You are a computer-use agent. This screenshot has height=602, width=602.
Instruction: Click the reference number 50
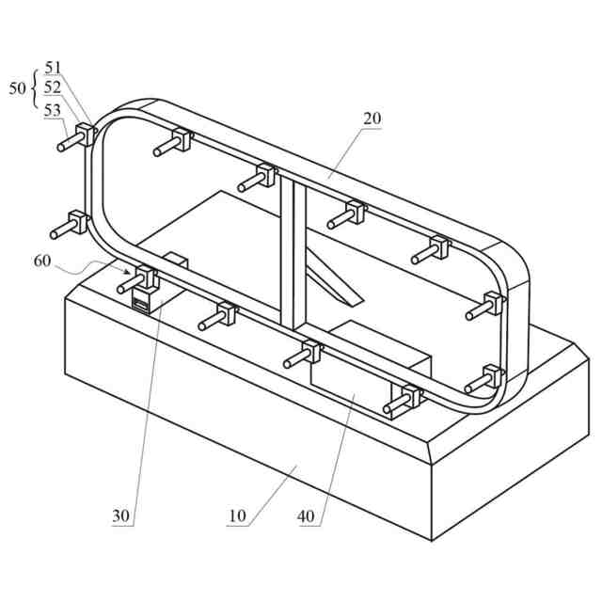[18, 87]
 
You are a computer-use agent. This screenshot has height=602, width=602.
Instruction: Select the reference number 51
[53, 67]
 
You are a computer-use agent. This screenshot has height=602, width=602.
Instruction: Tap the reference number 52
[53, 87]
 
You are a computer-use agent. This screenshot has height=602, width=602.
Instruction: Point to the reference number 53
[53, 108]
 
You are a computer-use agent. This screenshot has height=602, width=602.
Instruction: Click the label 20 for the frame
[372, 119]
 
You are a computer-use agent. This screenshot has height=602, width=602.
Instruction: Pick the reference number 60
[43, 261]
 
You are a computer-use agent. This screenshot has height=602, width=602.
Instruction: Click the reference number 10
[236, 515]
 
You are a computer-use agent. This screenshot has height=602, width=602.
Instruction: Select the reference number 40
[308, 515]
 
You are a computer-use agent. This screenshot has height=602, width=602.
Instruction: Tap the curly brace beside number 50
[36, 87]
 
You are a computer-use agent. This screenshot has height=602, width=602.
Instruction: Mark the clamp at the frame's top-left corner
[86, 135]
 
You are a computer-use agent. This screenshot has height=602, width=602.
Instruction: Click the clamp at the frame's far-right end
[494, 304]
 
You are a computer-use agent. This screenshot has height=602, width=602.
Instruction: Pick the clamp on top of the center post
[265, 175]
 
